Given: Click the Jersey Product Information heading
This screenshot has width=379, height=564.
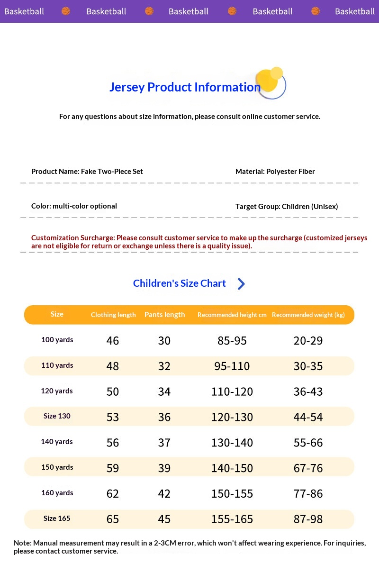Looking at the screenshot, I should pyautogui.click(x=185, y=87).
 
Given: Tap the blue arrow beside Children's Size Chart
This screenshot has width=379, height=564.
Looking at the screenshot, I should pyautogui.click(x=241, y=284).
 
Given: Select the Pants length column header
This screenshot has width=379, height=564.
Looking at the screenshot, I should pyautogui.click(x=164, y=315).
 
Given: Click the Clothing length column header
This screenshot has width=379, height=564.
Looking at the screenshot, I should pyautogui.click(x=113, y=315).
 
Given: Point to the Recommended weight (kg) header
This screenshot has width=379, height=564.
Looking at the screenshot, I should pyautogui.click(x=308, y=315).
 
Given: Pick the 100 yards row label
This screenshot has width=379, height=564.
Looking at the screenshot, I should pyautogui.click(x=57, y=340).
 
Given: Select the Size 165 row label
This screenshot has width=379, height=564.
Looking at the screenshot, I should pyautogui.click(x=57, y=519).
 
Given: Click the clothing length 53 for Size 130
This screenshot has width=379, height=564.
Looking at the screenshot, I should pyautogui.click(x=113, y=417).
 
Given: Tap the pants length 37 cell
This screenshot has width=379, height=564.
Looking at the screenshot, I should pyautogui.click(x=164, y=443).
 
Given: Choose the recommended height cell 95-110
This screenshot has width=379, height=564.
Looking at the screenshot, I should pyautogui.click(x=232, y=366).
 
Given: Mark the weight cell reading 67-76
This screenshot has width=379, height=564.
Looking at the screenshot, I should pyautogui.click(x=308, y=468).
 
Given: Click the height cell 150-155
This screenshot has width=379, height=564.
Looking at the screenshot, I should pyautogui.click(x=232, y=494).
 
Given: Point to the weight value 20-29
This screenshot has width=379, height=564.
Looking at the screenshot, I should pyautogui.click(x=308, y=341).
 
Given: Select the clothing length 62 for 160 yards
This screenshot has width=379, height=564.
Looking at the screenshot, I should pyautogui.click(x=113, y=494).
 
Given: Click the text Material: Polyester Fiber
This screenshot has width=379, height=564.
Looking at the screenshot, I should pyautogui.click(x=275, y=172).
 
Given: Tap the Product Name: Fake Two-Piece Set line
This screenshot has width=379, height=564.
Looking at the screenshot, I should pyautogui.click(x=87, y=172).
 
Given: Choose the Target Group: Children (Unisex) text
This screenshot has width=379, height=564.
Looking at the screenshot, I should pyautogui.click(x=287, y=207).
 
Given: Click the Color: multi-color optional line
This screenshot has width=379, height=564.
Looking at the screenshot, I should pyautogui.click(x=74, y=206).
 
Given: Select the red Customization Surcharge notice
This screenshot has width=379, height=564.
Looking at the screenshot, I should pyautogui.click(x=199, y=242).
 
